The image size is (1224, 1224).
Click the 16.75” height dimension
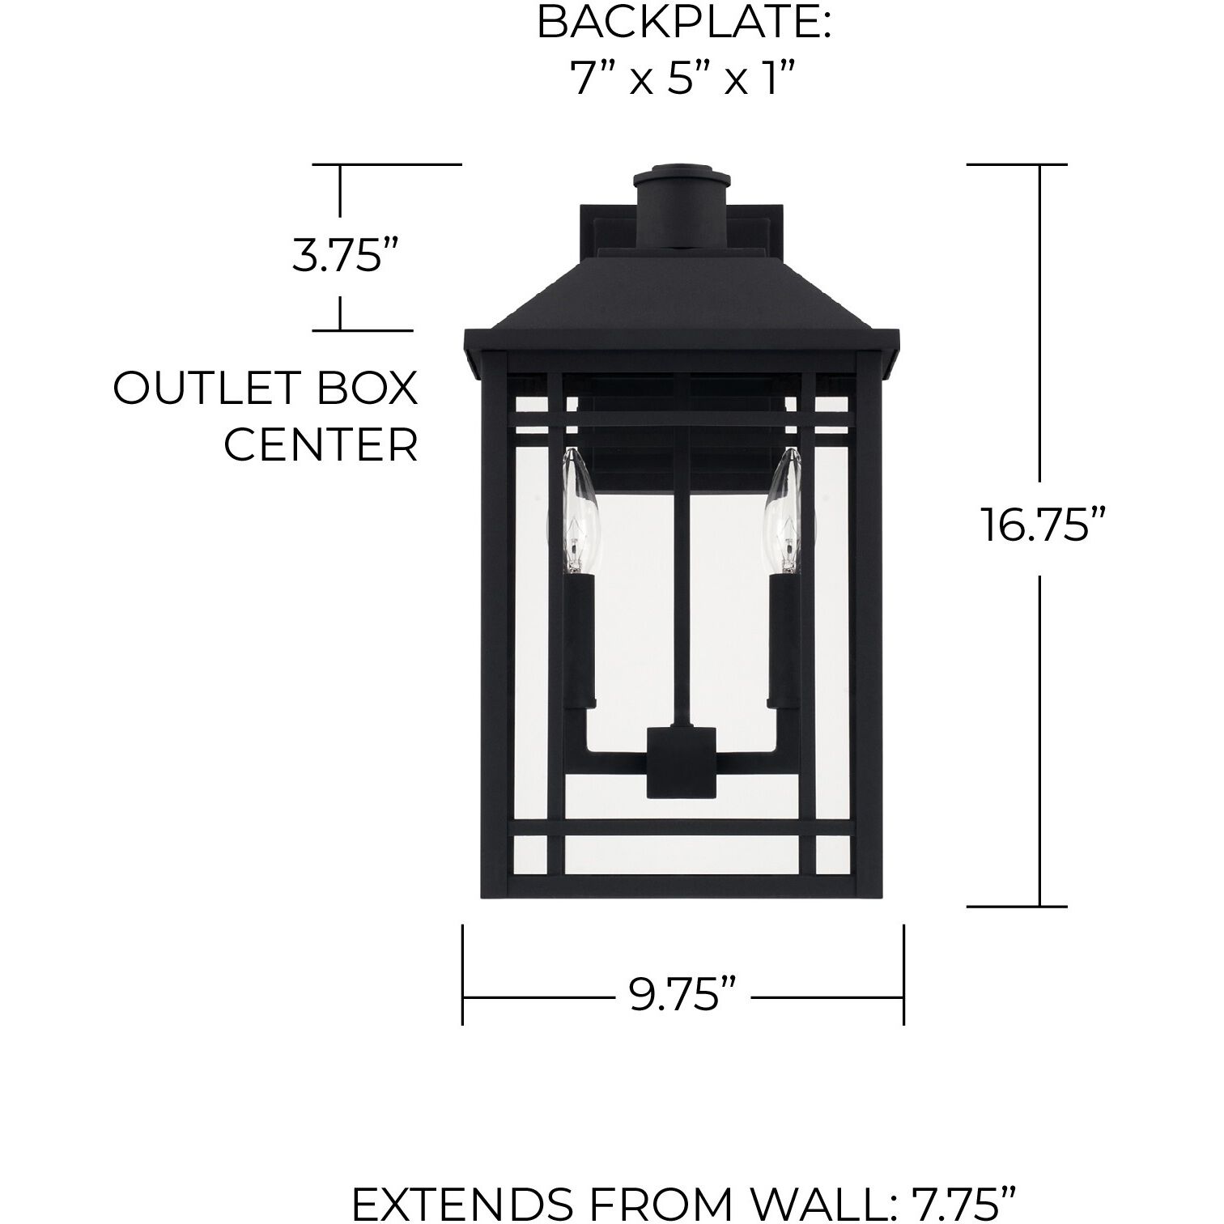point(1043,525)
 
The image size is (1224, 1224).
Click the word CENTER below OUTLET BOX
point(321,444)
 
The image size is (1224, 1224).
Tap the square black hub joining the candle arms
point(682,760)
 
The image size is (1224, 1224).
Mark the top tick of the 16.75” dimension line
point(1017,164)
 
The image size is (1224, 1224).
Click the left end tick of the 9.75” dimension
point(463,975)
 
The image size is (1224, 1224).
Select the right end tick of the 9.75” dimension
point(903,975)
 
